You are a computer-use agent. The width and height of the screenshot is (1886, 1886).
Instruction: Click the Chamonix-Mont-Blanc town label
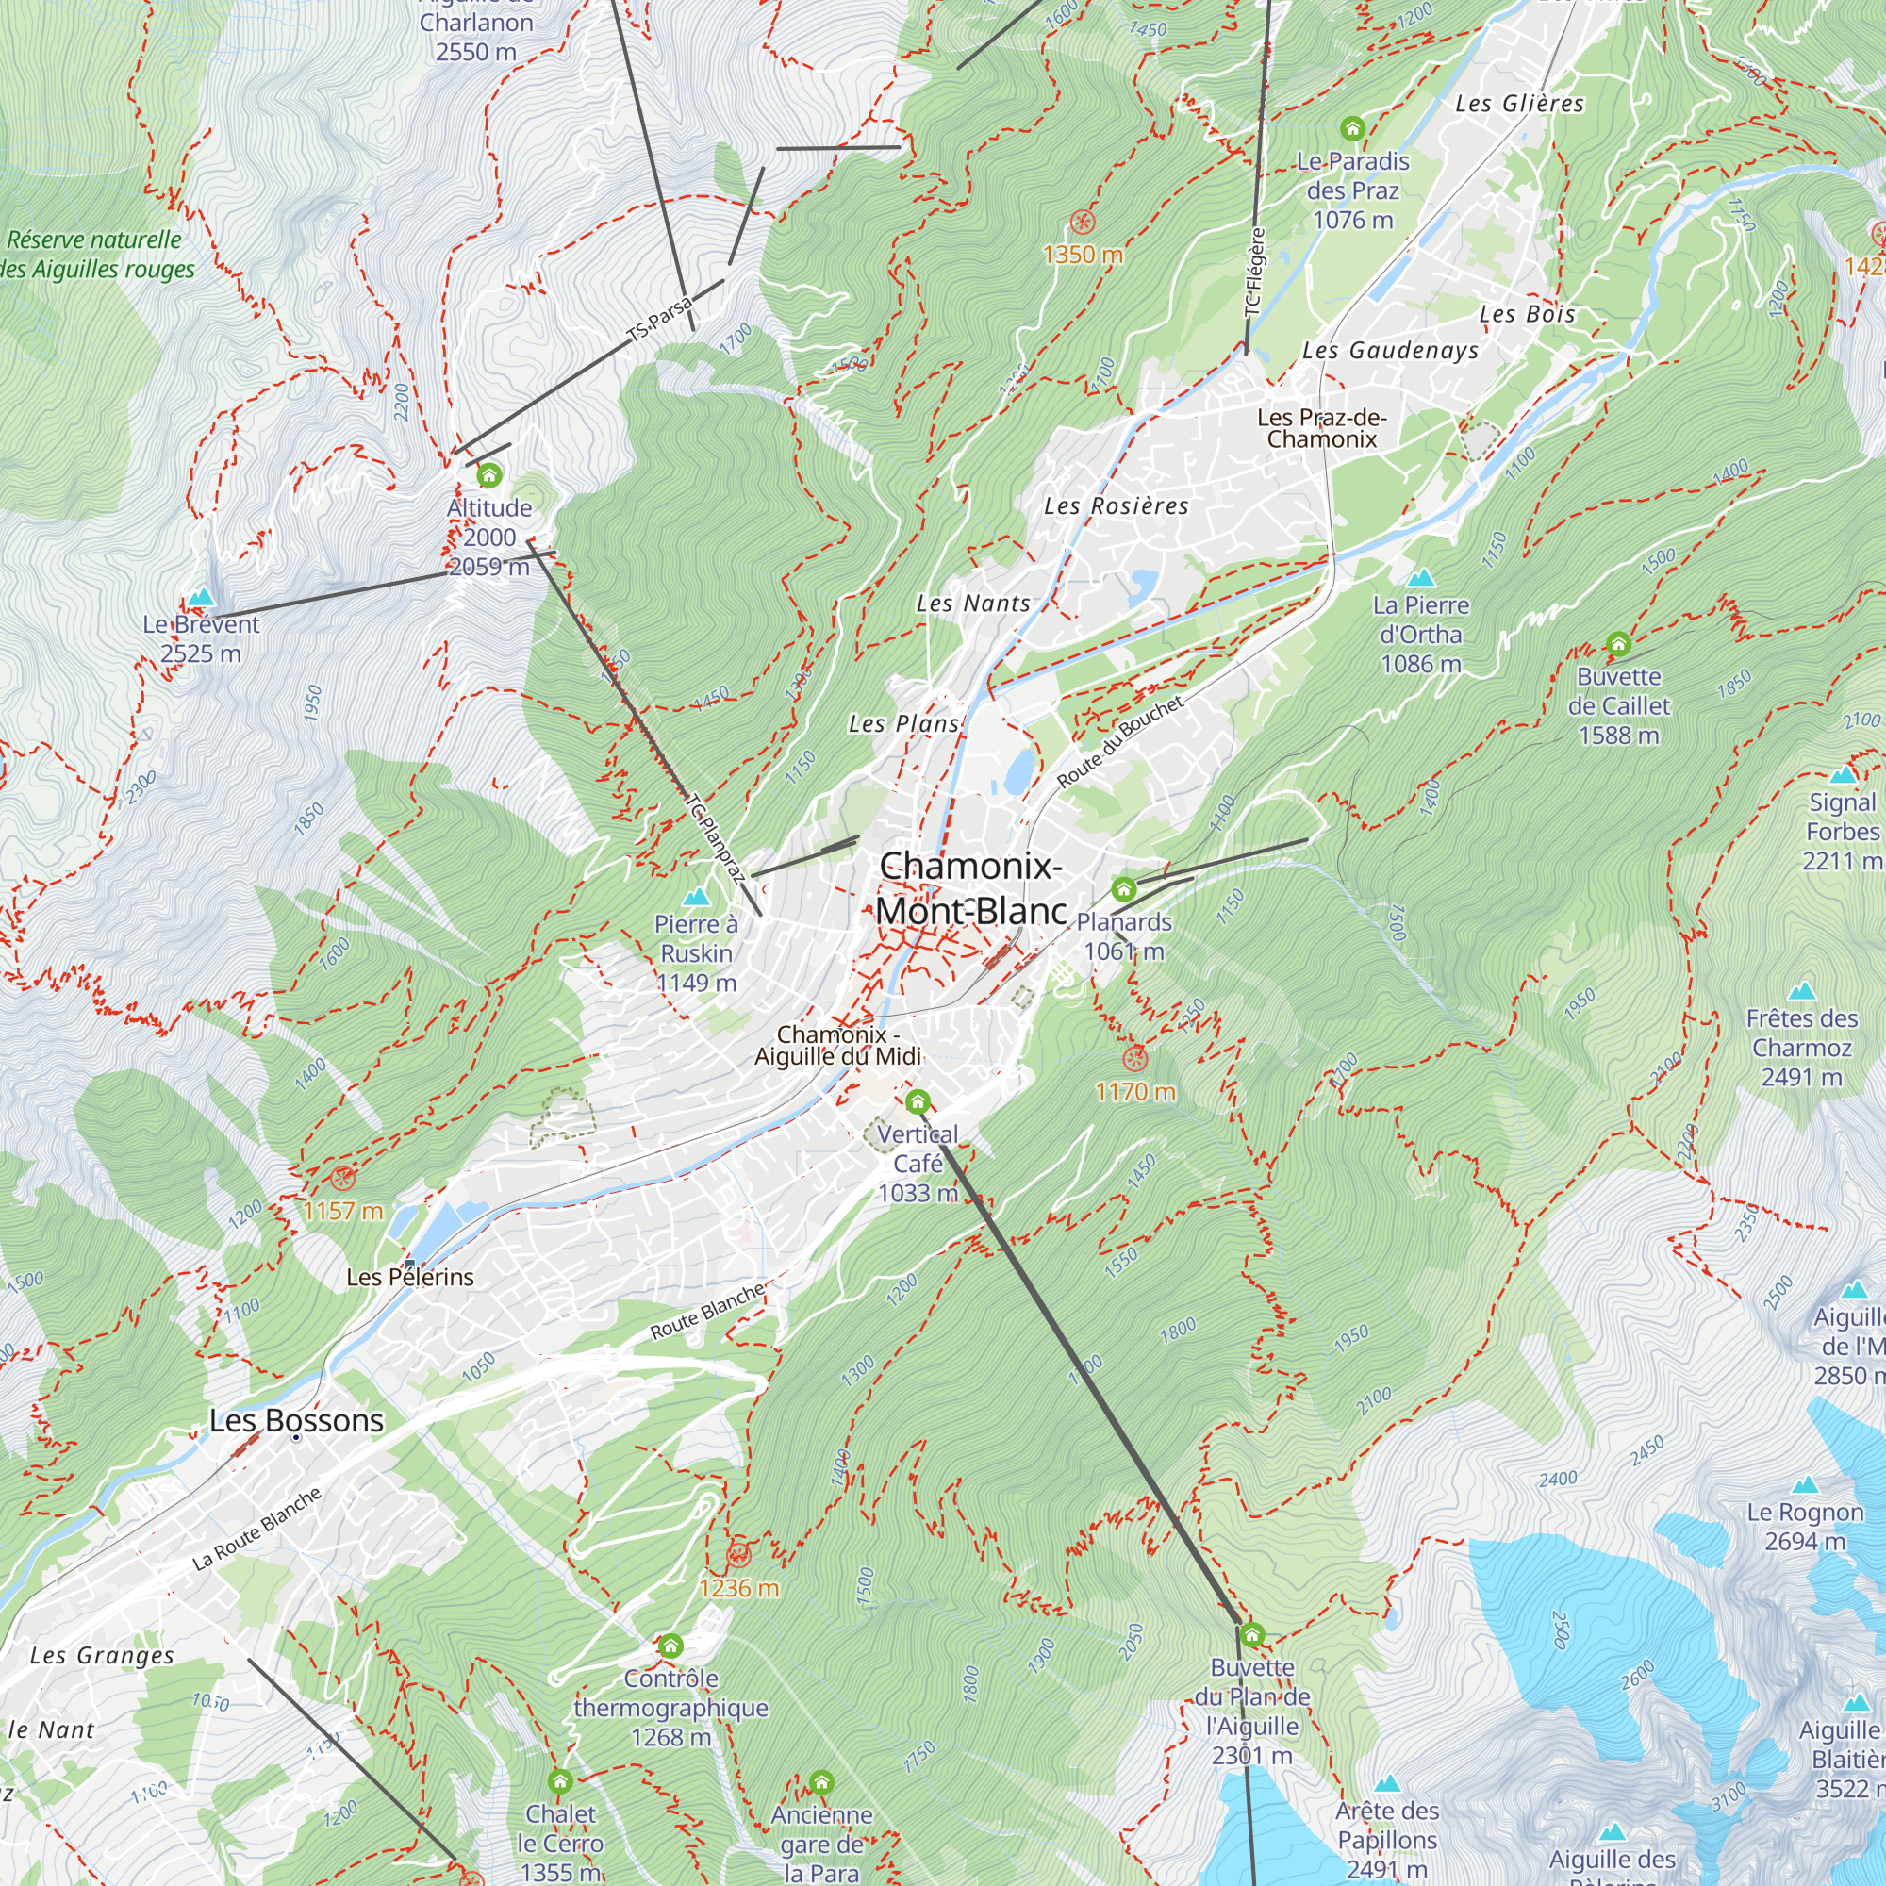pyautogui.click(x=970, y=887)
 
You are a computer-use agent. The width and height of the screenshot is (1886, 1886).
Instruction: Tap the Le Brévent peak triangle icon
pyautogui.click(x=201, y=597)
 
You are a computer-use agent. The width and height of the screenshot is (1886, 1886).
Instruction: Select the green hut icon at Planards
pyautogui.click(x=1124, y=889)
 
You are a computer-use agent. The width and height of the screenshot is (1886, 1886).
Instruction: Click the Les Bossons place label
pyautogui.click(x=297, y=1420)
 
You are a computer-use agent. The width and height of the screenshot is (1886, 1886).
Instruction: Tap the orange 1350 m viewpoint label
pyautogui.click(x=1083, y=255)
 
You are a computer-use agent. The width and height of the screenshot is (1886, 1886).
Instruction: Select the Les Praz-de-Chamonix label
pyautogui.click(x=1322, y=428)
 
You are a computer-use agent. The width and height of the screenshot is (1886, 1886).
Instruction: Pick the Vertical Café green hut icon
pyautogui.click(x=917, y=1103)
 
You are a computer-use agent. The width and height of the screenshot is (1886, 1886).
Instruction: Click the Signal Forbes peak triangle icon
pyautogui.click(x=1842, y=775)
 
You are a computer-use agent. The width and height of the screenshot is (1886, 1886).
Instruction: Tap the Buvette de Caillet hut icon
pyautogui.click(x=1618, y=644)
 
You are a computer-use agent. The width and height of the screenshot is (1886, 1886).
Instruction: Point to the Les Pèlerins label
pyautogui.click(x=410, y=1277)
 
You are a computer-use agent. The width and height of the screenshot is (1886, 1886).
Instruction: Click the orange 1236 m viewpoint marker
pyautogui.click(x=739, y=1555)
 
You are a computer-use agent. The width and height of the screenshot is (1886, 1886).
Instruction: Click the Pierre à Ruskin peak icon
pyautogui.click(x=696, y=897)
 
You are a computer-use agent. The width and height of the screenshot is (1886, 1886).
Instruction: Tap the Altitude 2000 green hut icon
pyautogui.click(x=489, y=475)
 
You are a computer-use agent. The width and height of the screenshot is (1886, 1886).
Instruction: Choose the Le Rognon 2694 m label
pyautogui.click(x=1804, y=1526)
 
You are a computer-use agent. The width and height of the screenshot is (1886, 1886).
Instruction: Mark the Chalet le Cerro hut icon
pyautogui.click(x=559, y=1781)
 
